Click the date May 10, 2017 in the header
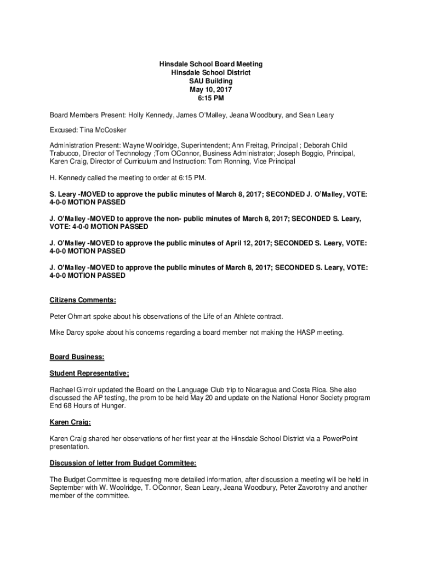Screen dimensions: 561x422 click(211, 89)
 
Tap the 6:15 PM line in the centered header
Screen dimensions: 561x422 click(211, 98)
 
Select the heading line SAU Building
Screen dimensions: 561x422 click(211, 81)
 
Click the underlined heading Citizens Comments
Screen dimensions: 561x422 click(83, 300)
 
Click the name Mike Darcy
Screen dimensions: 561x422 click(69, 333)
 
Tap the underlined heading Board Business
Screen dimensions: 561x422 click(77, 357)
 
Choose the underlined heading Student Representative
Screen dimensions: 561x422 click(89, 374)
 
